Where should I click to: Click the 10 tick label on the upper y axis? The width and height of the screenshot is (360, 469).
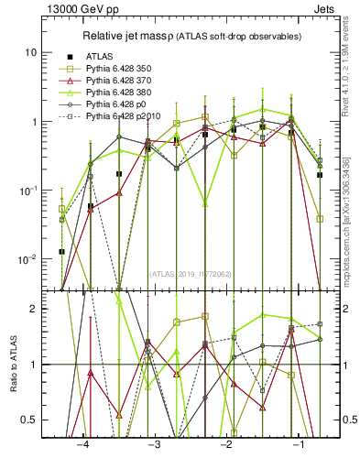[32, 53]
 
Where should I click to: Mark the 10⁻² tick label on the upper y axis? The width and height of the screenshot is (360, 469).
[29, 258]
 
